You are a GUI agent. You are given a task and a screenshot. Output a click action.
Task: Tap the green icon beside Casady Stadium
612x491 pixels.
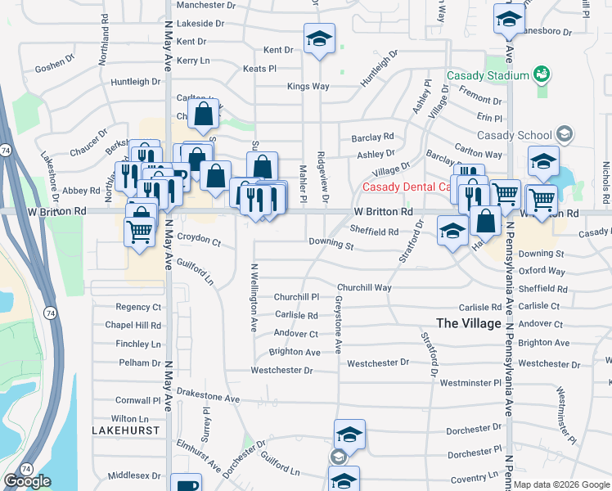pyautogui.click(x=540, y=75)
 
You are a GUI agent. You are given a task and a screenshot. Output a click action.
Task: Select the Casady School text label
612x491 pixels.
pyautogui.click(x=515, y=135)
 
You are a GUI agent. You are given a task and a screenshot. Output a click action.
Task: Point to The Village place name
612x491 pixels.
pyautogui.click(x=469, y=323)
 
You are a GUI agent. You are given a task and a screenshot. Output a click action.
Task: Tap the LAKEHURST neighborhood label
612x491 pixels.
pyautogui.click(x=125, y=430)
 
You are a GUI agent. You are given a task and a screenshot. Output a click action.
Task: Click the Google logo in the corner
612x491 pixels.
pyautogui.click(x=27, y=481)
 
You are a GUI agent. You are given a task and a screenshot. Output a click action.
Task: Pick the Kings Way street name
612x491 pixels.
pyautogui.click(x=308, y=86)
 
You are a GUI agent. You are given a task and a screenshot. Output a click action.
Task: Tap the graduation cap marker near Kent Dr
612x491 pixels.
pyautogui.click(x=320, y=38)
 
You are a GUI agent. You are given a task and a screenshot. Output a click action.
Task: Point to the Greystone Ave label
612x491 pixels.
pyautogui.click(x=337, y=325)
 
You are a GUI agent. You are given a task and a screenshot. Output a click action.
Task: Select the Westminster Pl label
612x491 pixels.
pyautogui.click(x=470, y=382)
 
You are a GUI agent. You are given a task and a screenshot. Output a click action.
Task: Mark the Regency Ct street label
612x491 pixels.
pyautogui.click(x=138, y=307)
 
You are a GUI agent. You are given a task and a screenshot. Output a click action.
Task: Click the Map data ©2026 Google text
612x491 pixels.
pyautogui.click(x=562, y=484)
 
